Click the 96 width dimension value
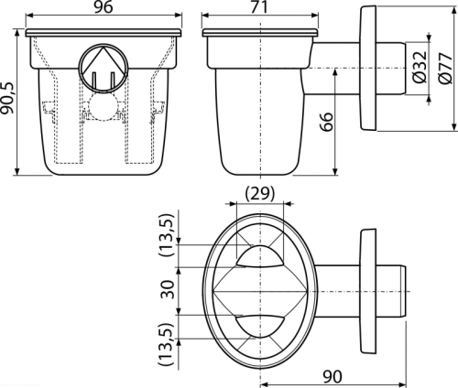tap(104, 7)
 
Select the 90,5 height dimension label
tap(7, 98)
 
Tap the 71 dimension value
tap(259, 7)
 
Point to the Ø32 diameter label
tap(420, 68)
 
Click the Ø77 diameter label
tap(445, 68)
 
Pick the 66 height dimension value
tap(327, 122)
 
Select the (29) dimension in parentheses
tap(260, 193)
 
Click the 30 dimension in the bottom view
tap(168, 290)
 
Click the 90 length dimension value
tap(333, 377)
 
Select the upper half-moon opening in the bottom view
tap(260, 256)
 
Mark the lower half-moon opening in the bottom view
tap(260, 327)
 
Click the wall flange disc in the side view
tap(368, 68)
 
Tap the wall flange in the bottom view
tap(368, 292)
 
